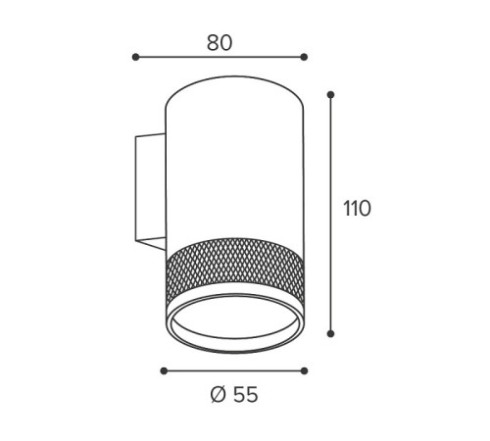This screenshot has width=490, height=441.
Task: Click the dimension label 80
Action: pos(220,43)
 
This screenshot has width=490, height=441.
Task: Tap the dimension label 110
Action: pos(357,209)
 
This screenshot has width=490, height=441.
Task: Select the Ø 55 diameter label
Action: pos(234,394)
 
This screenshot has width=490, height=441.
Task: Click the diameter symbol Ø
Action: pos(219,394)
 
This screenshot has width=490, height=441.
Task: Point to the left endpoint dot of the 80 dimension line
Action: pos(135,57)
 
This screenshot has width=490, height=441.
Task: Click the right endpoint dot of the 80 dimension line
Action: pos(304,57)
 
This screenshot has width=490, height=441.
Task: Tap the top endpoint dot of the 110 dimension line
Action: pos(330,95)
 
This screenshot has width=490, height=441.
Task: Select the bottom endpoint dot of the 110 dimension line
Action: pos(330,333)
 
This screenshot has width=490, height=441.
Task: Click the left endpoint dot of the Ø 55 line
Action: pos(164,370)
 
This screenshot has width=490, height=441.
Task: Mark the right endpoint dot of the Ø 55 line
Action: pos(304,370)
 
